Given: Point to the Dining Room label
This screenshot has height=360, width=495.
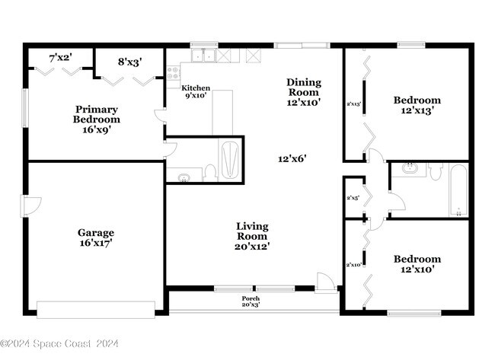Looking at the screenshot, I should pyautogui.click(x=303, y=91).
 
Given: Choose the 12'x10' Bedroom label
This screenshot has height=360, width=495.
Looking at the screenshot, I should pyautogui.click(x=417, y=264).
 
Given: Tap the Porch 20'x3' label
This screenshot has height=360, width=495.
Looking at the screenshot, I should pyautogui.click(x=251, y=301).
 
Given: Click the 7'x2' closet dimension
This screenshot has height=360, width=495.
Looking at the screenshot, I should pyautogui.click(x=62, y=58).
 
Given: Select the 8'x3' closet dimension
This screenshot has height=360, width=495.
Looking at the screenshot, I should pyautogui.click(x=129, y=61).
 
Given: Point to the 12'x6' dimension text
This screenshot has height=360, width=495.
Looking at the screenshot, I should pyautogui.click(x=292, y=158).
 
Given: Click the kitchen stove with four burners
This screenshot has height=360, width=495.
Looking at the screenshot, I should pyautogui.click(x=173, y=74).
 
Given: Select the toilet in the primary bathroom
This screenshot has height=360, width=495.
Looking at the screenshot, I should pyautogui.click(x=209, y=174).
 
